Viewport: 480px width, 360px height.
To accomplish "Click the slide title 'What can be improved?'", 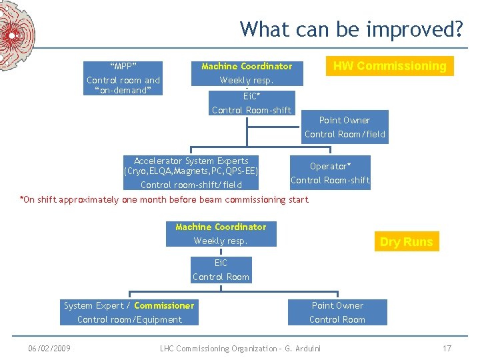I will point(351,29).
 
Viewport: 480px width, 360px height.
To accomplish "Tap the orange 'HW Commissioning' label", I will point(389,66).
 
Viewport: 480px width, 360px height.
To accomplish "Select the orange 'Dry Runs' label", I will point(406,242).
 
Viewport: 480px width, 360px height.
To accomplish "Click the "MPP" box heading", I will point(123,66).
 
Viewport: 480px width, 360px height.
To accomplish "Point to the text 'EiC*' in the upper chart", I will point(251,96).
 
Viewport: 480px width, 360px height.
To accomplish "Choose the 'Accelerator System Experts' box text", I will point(191,161).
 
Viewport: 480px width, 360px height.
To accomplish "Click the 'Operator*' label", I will point(330,166).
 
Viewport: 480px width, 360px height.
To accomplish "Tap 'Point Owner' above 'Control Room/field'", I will point(344,120).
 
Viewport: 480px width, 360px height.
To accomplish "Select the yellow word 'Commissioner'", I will point(164,305).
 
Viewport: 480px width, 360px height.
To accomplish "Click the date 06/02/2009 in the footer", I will point(49,348).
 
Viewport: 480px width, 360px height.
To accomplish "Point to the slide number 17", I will point(447,348).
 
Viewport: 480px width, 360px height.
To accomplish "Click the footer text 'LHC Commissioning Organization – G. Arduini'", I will point(241,348).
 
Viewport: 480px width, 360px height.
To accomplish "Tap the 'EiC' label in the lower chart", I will point(221,263).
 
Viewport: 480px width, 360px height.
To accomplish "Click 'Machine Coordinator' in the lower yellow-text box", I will point(221,227).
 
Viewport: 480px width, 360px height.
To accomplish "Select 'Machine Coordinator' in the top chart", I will point(247,66).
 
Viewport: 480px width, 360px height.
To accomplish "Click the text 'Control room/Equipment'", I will point(129,319).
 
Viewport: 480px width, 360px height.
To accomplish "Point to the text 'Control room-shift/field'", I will point(191,185).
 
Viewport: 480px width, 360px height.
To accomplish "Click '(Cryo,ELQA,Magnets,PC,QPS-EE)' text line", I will point(191,171).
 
